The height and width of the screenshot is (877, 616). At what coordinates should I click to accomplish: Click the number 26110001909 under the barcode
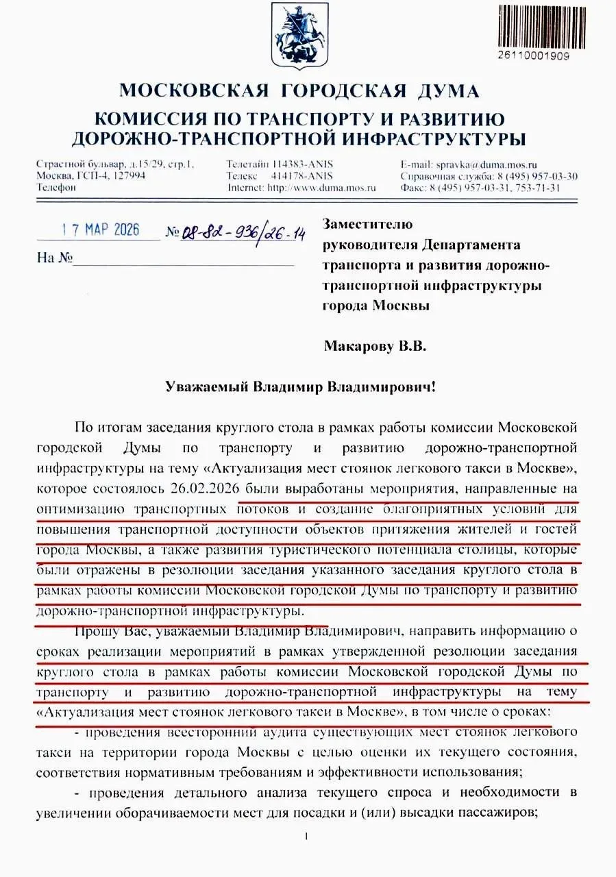[534, 56]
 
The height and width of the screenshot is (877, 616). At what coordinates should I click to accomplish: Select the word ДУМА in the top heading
[442, 91]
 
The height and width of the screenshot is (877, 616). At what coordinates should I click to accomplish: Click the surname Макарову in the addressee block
[359, 347]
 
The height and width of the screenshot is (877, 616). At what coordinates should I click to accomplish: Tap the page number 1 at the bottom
[307, 836]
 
